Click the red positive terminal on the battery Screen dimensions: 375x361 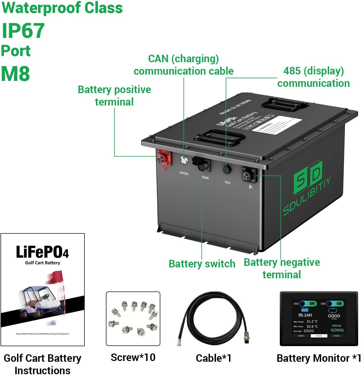click(164, 158)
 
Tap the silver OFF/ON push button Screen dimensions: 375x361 click(184, 160)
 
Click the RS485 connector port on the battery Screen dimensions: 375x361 click(201, 164)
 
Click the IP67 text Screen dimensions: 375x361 click(23, 31)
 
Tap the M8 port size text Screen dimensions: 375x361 click(16, 74)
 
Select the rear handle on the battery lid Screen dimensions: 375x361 click(285, 104)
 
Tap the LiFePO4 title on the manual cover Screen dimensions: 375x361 click(42, 252)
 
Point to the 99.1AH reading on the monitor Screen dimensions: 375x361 click(305, 315)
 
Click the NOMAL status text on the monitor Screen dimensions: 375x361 click(337, 330)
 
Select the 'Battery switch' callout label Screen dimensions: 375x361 click(202, 264)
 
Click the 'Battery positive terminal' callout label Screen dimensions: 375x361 click(114, 96)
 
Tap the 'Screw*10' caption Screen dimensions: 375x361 click(133, 357)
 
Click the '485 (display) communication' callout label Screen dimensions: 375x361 click(314, 77)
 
